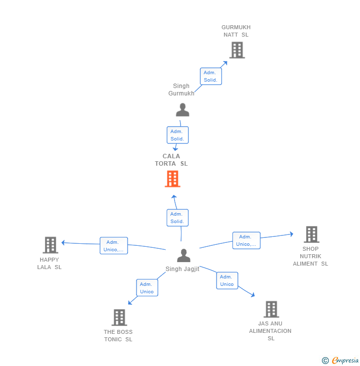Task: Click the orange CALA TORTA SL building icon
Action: point(173,179)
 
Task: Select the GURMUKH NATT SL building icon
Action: point(237,50)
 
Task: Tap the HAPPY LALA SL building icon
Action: point(50,245)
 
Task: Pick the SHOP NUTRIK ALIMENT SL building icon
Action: point(312,234)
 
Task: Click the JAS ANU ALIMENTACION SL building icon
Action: point(271,309)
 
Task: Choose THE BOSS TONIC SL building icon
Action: point(119,318)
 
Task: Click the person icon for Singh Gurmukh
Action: point(182,110)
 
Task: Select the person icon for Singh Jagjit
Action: point(183,255)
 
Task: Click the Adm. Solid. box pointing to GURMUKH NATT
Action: point(211,76)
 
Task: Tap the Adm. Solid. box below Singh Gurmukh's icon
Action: point(178,135)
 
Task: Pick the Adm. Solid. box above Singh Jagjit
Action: point(178,218)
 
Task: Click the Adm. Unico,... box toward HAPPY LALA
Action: point(114,245)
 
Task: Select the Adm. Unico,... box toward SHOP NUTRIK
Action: point(246,240)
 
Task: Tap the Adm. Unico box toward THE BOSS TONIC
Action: point(147,287)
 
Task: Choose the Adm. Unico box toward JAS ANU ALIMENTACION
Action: point(227,280)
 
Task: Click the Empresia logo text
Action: point(345,361)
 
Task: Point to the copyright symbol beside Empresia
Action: point(325,361)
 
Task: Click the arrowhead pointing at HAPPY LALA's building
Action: point(63,243)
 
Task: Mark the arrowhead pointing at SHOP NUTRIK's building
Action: point(292,234)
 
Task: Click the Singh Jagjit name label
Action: point(182,269)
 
